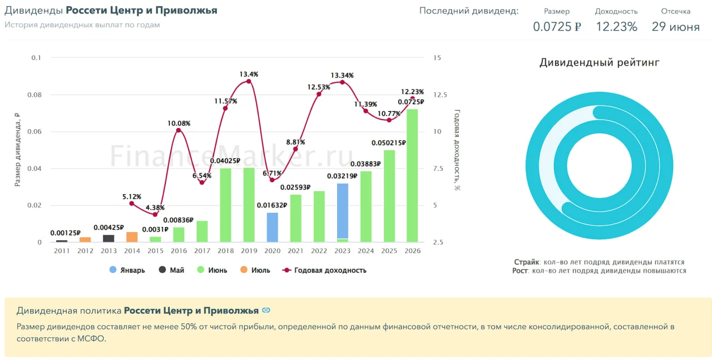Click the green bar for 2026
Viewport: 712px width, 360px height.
(412, 175)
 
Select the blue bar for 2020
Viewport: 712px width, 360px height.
(272, 228)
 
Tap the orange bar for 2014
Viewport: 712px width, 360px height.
(132, 237)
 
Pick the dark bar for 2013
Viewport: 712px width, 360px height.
(108, 239)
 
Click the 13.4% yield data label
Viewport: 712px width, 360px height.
(249, 74)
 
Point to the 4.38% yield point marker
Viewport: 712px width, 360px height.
(155, 214)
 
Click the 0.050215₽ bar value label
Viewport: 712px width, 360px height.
(388, 143)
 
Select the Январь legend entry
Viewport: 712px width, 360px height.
(127, 270)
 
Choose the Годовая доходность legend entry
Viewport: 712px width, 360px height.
(324, 270)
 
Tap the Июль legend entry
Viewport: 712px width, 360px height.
(255, 270)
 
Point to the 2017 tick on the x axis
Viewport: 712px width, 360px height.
(202, 251)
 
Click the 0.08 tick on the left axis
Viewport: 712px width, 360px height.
(34, 95)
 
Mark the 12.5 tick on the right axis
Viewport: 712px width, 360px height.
(440, 95)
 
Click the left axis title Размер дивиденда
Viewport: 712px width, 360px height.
(17, 150)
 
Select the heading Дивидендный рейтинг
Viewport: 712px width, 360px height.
(600, 62)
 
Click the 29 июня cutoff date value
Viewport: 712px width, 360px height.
(676, 27)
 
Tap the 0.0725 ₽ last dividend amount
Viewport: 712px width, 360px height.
(557, 27)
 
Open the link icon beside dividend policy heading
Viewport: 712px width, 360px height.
(266, 310)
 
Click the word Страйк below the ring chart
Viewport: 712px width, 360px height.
(526, 262)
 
